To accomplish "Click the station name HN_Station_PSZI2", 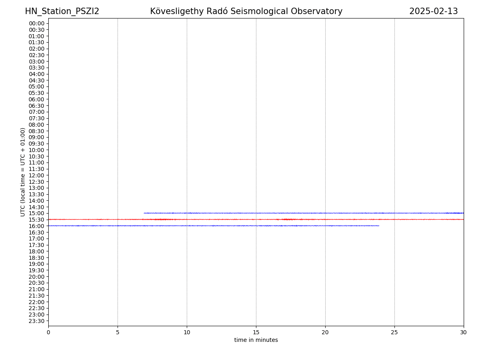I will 62,12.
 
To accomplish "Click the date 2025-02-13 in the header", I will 433,12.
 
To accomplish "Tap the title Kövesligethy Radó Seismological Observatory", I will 246,12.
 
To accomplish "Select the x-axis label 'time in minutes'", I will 256,340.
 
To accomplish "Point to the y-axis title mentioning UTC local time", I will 23,172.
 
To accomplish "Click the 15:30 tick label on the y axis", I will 37,220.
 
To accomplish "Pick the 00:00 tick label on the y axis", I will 37,23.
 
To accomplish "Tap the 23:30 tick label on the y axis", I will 37,321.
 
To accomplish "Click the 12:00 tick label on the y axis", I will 37,175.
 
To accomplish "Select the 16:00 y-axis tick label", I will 37,226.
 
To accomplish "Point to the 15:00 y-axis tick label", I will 37,213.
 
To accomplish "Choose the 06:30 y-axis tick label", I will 37,106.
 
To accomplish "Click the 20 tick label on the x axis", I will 325,333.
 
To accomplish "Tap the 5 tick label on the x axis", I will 118,333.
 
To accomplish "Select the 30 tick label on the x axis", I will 464,333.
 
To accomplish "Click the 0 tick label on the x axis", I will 48,333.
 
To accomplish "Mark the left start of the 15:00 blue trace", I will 144,213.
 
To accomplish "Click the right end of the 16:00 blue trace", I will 378,226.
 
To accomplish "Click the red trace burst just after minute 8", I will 163,219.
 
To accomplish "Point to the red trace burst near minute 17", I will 287,219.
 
